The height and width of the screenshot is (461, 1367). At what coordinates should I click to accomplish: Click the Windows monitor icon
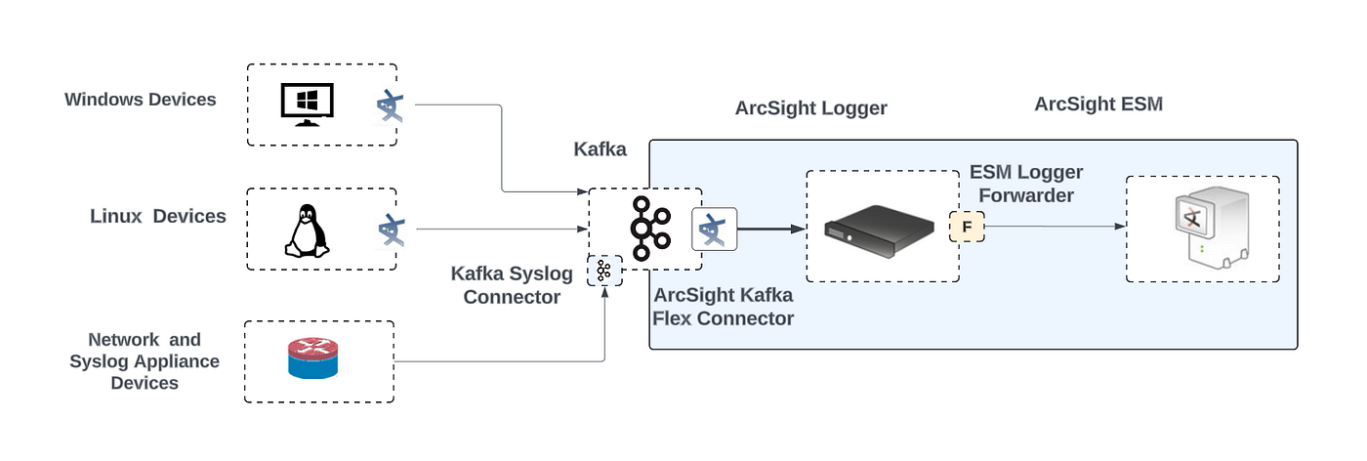(x=307, y=105)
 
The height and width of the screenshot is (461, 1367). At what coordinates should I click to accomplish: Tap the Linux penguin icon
(x=307, y=230)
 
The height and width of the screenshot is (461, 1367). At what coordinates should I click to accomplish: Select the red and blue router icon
(x=312, y=358)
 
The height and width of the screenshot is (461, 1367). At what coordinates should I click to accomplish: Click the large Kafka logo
(x=650, y=229)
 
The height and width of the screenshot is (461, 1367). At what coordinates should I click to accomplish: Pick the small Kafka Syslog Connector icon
(x=604, y=271)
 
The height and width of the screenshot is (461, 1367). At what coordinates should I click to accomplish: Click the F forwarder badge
(x=967, y=227)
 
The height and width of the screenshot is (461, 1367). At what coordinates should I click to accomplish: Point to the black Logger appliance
(x=879, y=230)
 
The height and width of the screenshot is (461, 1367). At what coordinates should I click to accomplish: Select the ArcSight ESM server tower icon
(x=1211, y=228)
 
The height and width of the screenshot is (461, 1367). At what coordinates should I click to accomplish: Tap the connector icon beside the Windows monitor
(x=390, y=106)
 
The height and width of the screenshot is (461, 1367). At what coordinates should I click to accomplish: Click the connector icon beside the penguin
(x=392, y=230)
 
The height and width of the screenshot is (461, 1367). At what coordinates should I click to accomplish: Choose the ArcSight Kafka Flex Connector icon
(x=714, y=229)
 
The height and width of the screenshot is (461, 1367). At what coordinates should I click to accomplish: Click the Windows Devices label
(x=141, y=100)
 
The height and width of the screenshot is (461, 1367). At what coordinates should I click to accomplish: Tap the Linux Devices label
(x=158, y=216)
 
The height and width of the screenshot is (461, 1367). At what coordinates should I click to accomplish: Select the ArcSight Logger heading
(x=811, y=108)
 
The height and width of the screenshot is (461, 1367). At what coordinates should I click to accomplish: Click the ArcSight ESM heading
(x=1098, y=104)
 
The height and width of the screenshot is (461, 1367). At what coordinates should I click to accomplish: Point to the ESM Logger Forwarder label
(x=1026, y=184)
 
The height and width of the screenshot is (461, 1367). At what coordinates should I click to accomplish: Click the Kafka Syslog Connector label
(x=512, y=285)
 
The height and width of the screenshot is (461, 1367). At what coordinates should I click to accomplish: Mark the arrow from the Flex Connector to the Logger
(x=771, y=229)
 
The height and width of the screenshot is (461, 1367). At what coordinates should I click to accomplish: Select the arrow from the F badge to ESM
(x=1056, y=227)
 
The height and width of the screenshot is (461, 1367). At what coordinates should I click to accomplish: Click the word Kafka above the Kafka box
(x=600, y=149)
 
